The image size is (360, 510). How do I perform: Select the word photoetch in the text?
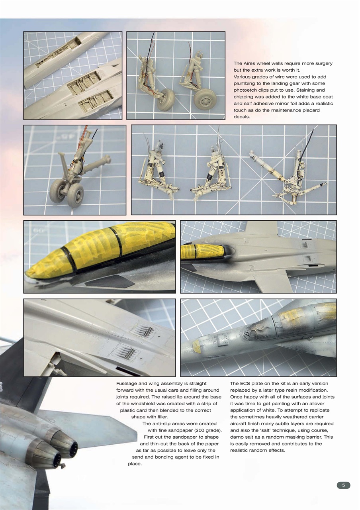pyautogui.click(x=245, y=90)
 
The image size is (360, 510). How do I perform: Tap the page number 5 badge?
pyautogui.click(x=343, y=485)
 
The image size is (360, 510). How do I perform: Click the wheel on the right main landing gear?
pyautogui.click(x=205, y=99)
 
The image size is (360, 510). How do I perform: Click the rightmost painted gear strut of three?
pyautogui.click(x=293, y=173)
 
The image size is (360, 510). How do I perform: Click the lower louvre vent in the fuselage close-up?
pyautogui.click(x=124, y=352)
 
